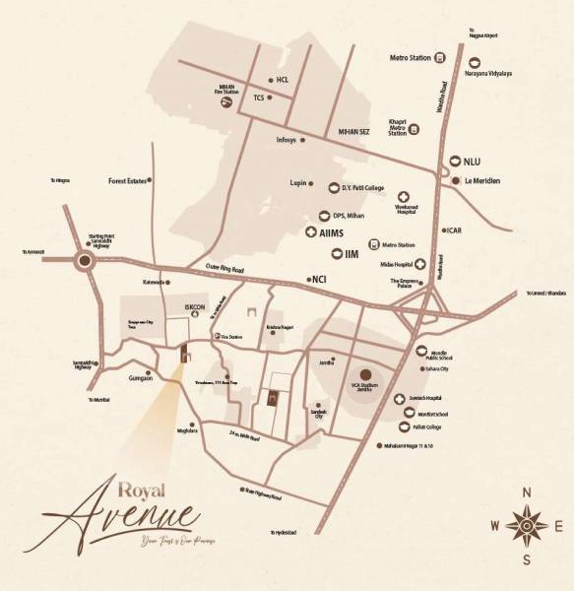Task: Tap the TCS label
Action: pos(259,98)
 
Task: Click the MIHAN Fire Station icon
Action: pos(227,100)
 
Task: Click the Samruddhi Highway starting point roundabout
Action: pos(86,261)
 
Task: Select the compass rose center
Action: pos(528,526)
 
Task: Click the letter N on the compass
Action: pos(528,492)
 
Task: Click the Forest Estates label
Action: pos(128,181)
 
